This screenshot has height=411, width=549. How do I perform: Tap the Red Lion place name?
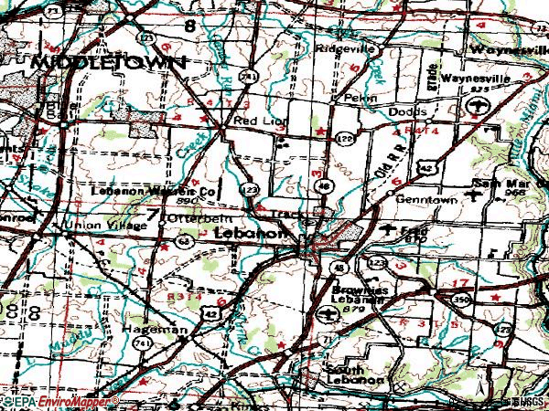coord(255,120)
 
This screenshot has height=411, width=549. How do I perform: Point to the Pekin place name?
coord(354,95)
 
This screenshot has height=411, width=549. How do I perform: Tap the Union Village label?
coord(92,223)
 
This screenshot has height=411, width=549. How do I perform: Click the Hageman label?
coord(165,329)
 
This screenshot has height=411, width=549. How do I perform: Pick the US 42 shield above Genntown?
coord(427,168)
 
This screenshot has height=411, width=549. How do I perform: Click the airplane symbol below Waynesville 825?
coord(475,109)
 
